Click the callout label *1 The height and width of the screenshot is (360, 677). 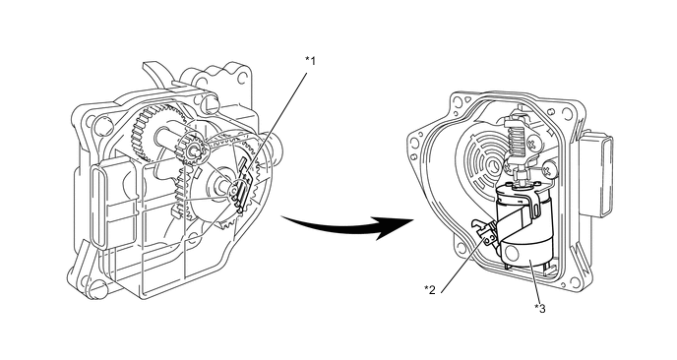click(310, 61)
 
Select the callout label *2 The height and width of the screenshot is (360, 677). click(430, 289)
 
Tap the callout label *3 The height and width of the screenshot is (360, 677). click(539, 308)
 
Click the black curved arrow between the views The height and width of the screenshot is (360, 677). click(345, 225)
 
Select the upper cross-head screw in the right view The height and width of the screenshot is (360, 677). click(534, 143)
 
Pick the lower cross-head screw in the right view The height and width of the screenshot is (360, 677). click(549, 169)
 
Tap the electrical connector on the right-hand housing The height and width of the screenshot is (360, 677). click(596, 175)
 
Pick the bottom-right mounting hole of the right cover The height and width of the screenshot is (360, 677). click(575, 282)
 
